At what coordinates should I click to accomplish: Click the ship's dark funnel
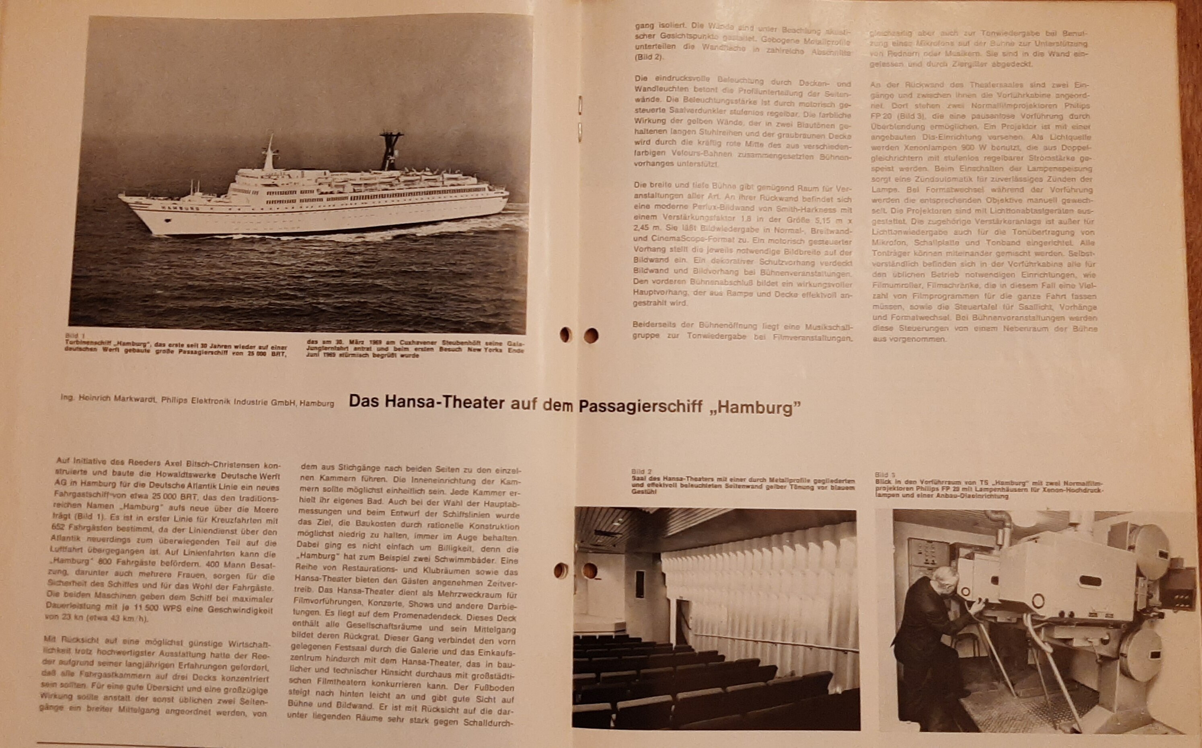pyautogui.click(x=390, y=151)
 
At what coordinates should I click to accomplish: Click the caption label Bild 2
pyautogui.click(x=641, y=471)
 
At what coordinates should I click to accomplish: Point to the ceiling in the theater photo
pyautogui.click(x=692, y=524)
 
